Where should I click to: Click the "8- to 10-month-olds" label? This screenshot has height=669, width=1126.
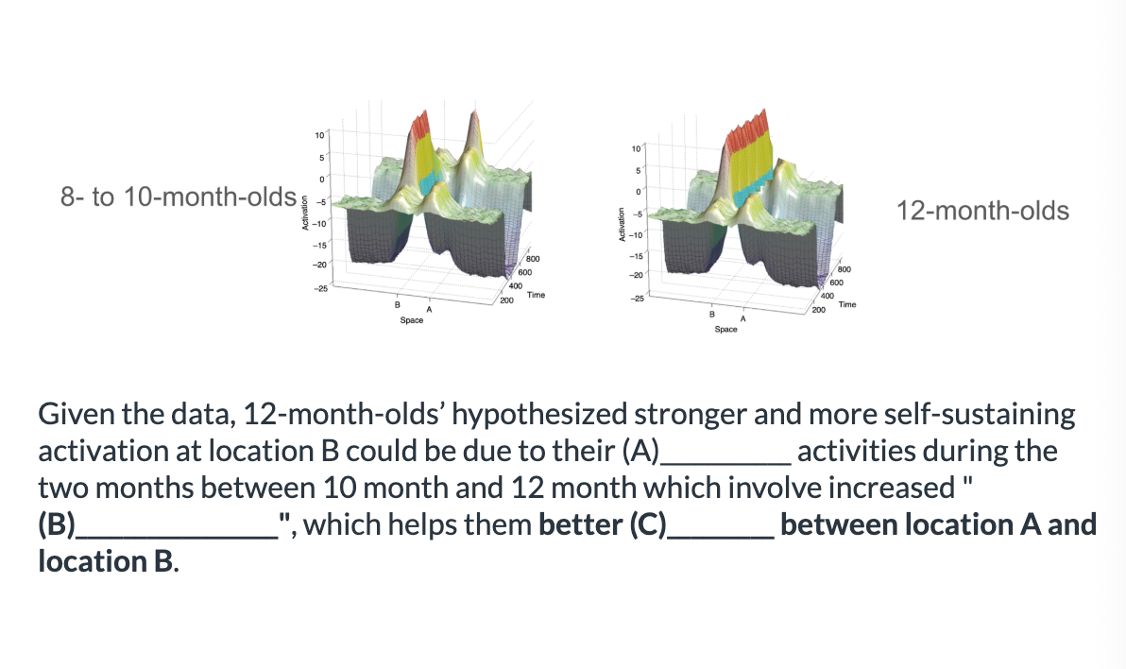coord(179,197)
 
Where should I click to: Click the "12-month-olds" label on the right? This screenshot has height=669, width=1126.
coord(982,211)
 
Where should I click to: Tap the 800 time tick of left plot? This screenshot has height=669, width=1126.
coord(533,259)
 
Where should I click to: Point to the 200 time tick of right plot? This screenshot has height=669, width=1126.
coord(819,310)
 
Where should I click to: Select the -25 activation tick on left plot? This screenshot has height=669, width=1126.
coord(320,288)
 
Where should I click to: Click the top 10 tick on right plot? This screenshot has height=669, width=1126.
coord(636,148)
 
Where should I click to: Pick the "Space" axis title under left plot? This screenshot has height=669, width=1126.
coord(412,320)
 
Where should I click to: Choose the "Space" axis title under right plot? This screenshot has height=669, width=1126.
coord(725,329)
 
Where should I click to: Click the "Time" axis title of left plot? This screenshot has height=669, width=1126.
coord(536,295)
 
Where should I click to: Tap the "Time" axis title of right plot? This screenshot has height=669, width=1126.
coord(847,304)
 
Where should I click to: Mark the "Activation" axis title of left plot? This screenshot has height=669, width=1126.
coord(304,213)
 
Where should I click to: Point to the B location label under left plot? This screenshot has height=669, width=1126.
coord(397,304)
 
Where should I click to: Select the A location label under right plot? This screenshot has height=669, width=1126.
coord(743,318)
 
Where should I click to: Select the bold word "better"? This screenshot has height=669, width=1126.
coord(580,524)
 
